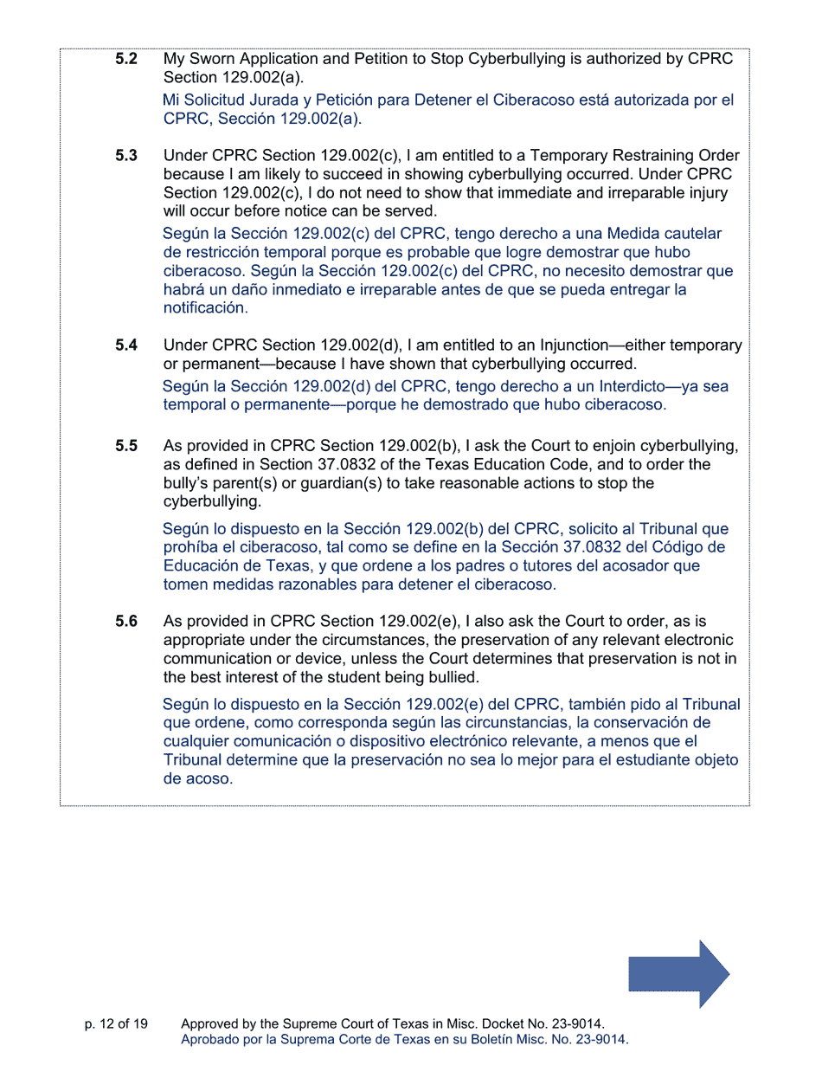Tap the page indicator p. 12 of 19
pos(116,1023)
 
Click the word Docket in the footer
pos(493,1023)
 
